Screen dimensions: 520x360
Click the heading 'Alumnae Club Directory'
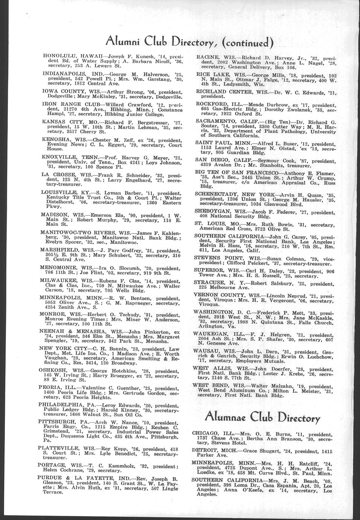pos(262,417)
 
